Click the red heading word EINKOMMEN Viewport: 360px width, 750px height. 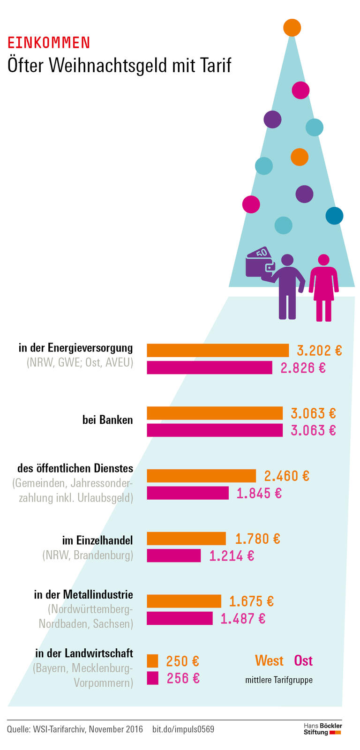(x=48, y=43)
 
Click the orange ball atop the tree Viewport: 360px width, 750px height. (x=292, y=28)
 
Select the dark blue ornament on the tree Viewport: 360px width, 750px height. (x=334, y=216)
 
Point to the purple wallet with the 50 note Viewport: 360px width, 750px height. (x=259, y=263)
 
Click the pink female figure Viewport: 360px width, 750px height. (x=323, y=287)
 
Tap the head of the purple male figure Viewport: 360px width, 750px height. (x=287, y=260)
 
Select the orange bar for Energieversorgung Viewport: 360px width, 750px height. (x=217, y=350)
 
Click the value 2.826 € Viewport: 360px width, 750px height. (x=303, y=368)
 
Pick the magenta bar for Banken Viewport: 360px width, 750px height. (x=215, y=430)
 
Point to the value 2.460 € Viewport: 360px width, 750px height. (x=286, y=476)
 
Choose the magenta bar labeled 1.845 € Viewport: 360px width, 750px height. (x=187, y=493)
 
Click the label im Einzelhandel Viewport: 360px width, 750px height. (x=97, y=540)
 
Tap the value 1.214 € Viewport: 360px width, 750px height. (x=232, y=556)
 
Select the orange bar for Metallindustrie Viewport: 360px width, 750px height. (x=184, y=601)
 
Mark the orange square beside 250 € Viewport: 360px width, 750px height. (x=152, y=661)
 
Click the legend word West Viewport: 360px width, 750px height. (x=269, y=660)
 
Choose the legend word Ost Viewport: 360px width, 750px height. (x=303, y=660)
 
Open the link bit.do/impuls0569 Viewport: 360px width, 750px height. (x=183, y=729)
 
